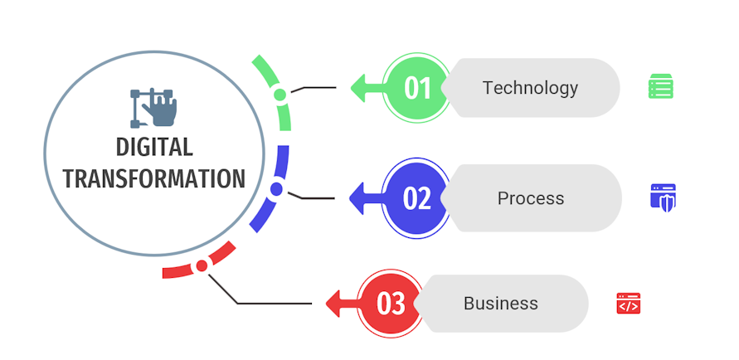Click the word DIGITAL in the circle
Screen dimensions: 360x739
(x=154, y=148)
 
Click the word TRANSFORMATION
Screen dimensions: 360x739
(x=154, y=178)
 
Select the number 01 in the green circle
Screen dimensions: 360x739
(x=417, y=87)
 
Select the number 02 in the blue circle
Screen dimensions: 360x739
(x=417, y=198)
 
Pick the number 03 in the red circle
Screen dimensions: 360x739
(x=391, y=304)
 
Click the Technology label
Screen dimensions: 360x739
(x=530, y=87)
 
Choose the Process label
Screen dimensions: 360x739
(x=530, y=198)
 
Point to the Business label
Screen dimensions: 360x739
(x=500, y=304)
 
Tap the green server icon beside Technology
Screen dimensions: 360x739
(x=660, y=86)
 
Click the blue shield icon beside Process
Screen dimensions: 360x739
(x=663, y=197)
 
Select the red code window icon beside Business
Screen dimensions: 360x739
(x=628, y=304)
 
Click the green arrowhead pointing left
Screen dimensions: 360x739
(x=360, y=87)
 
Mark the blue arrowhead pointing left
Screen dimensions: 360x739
(x=359, y=198)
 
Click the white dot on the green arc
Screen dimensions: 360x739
(x=280, y=94)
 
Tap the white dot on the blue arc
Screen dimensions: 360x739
(x=276, y=189)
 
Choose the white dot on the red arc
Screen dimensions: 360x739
(x=201, y=266)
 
